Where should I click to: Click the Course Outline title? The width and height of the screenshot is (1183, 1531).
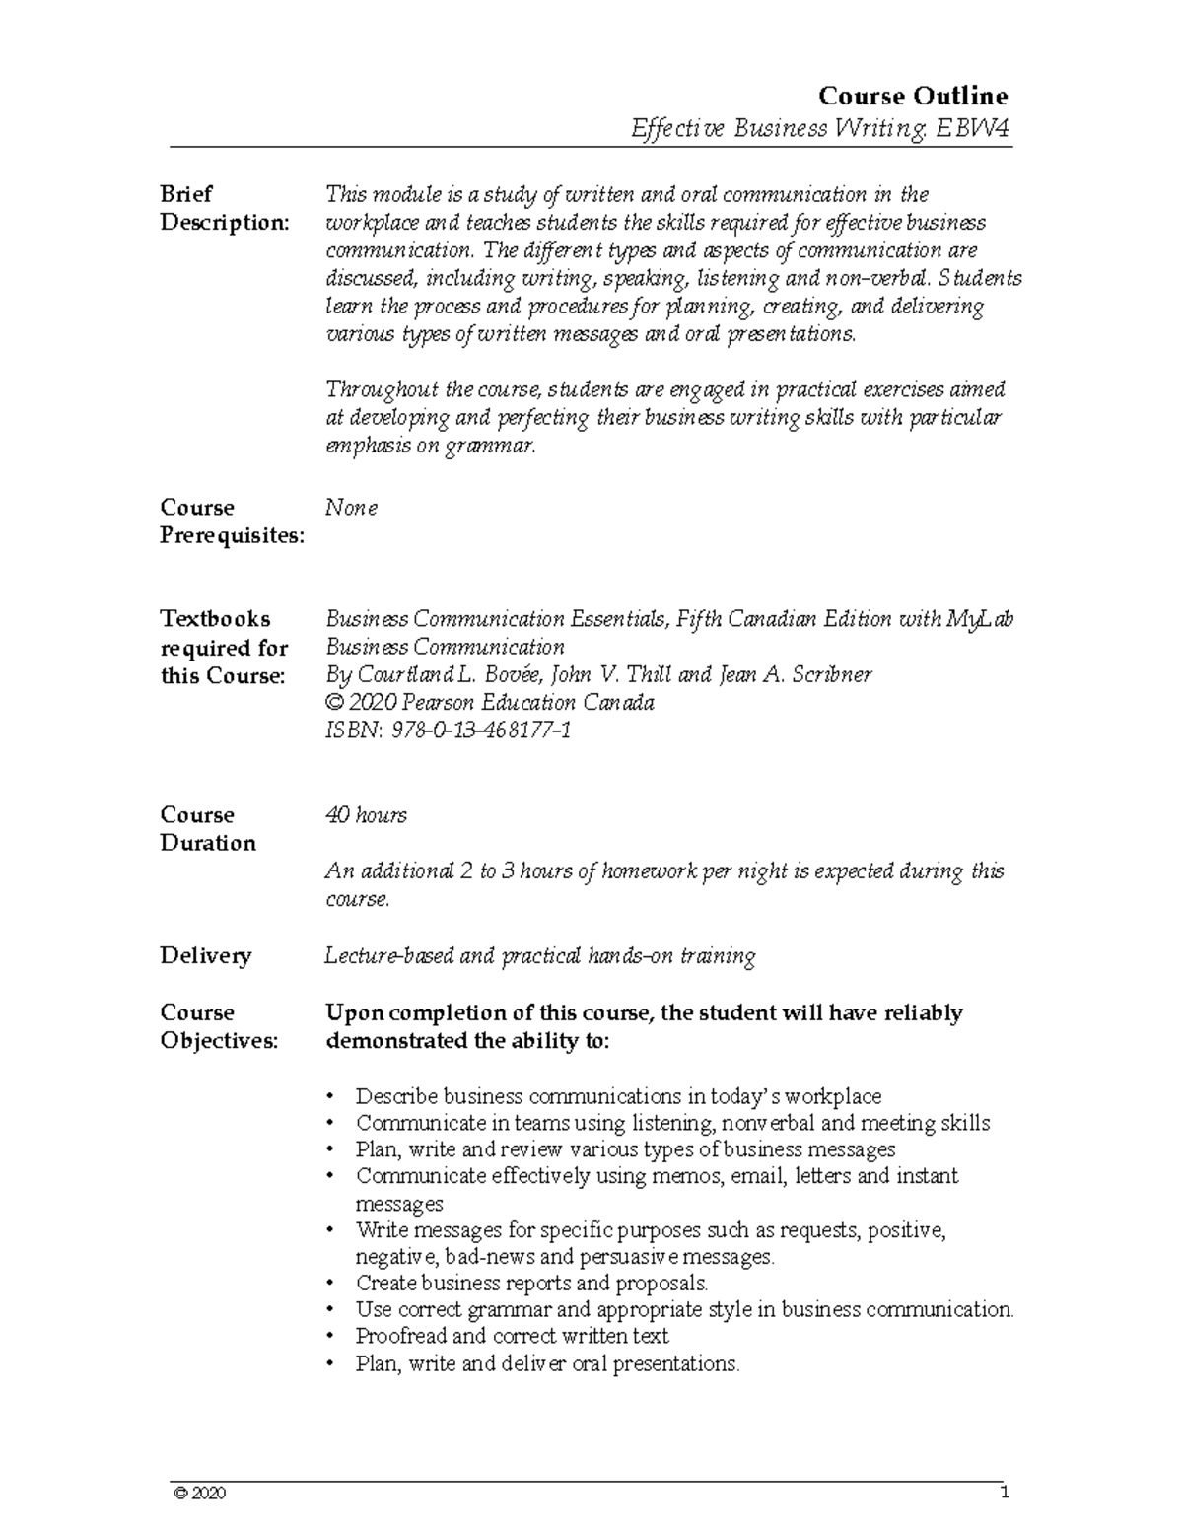point(913,96)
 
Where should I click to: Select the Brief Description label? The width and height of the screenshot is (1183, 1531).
point(225,208)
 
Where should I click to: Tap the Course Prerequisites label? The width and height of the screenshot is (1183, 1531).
point(232,522)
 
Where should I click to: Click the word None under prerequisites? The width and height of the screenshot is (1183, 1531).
point(352,508)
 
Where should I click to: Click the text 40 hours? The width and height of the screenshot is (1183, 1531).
point(366,815)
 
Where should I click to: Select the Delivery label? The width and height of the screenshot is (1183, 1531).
point(206,956)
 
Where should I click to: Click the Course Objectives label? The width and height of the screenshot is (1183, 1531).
point(219,1027)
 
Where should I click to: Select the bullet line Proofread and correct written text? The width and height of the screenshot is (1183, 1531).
point(512,1337)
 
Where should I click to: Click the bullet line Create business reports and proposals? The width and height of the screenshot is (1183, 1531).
point(531,1284)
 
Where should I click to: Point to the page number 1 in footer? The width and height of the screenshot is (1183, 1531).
point(1005,1493)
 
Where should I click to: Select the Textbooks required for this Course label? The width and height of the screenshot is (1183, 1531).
point(224,648)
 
